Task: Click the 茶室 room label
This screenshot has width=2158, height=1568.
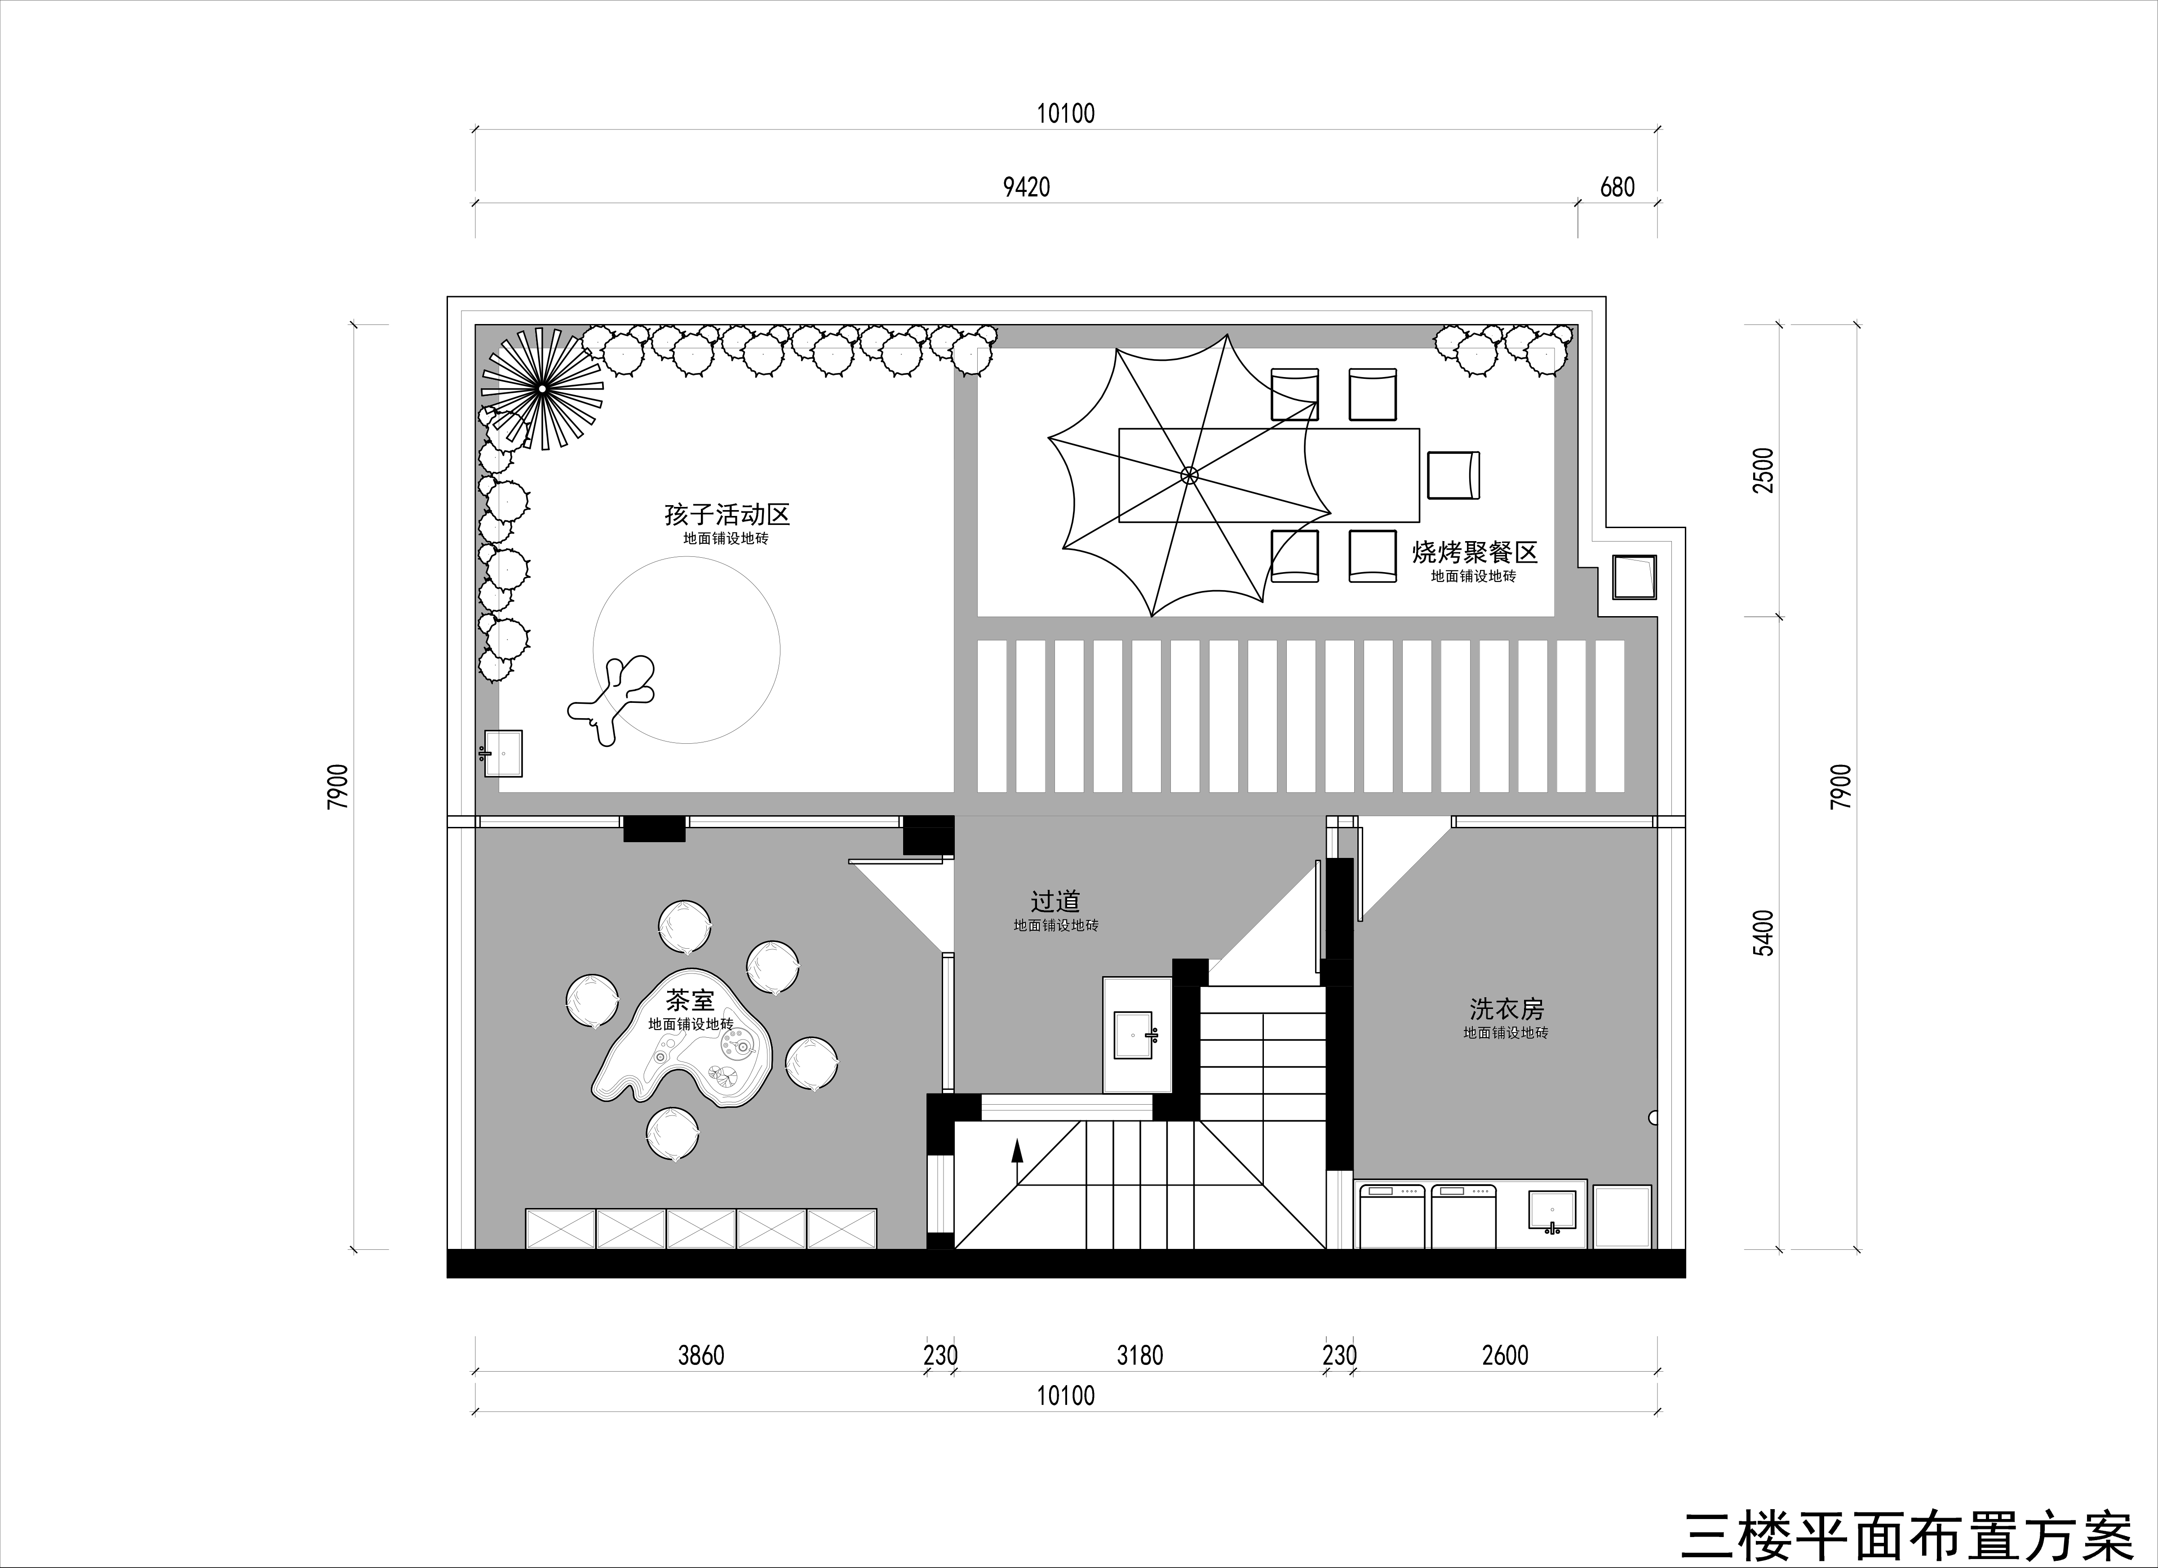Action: click(690, 1000)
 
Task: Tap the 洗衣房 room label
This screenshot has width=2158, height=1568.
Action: click(1506, 1008)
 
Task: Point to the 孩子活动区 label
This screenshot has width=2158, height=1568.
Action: click(727, 515)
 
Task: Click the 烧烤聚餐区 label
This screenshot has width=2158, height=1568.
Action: click(1475, 552)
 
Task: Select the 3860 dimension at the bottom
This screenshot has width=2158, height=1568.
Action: click(701, 1355)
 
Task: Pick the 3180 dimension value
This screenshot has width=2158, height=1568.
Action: click(1140, 1355)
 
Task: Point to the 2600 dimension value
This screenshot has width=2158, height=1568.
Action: click(1505, 1355)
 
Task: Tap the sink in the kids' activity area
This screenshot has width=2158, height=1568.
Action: click(503, 754)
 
